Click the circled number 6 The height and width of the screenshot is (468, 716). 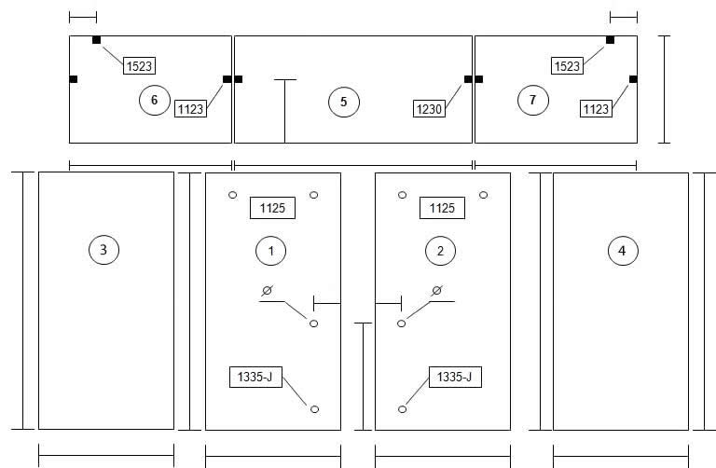(x=155, y=100)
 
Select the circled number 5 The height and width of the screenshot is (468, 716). (x=344, y=102)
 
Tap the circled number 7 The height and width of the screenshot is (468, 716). (x=533, y=100)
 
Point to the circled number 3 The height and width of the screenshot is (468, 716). (x=103, y=250)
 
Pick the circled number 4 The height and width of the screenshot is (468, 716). (x=623, y=250)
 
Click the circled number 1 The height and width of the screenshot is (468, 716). (x=270, y=251)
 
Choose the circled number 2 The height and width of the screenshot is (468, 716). (x=440, y=251)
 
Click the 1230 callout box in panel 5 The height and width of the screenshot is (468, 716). (x=429, y=109)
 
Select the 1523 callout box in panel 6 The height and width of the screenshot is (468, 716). (x=139, y=66)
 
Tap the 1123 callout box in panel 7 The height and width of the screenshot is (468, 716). (x=596, y=109)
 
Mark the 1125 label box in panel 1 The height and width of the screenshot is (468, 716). (x=272, y=208)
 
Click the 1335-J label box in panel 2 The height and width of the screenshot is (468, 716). (x=455, y=377)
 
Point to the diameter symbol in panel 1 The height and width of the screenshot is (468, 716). (x=268, y=290)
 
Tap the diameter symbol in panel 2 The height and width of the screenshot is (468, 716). (x=436, y=290)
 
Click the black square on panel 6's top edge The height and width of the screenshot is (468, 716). (x=96, y=40)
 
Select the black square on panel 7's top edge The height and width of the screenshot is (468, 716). (x=610, y=40)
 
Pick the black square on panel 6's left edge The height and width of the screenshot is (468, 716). (x=74, y=79)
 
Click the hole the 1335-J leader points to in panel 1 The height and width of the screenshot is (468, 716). (x=314, y=409)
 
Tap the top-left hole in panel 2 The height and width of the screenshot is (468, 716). (x=402, y=195)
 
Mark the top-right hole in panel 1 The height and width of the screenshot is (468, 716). (x=313, y=195)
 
